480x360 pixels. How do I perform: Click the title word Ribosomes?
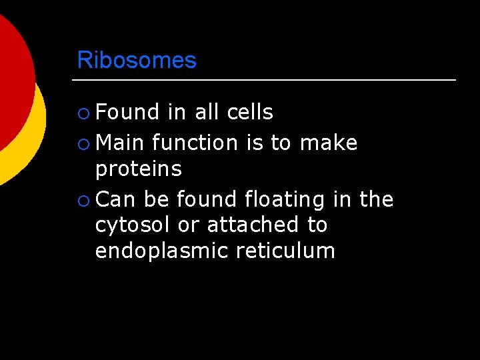pos(137,60)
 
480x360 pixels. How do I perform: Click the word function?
pos(195,143)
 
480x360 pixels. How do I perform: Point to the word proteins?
pos(139,170)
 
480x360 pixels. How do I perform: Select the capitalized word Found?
pos(127,113)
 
